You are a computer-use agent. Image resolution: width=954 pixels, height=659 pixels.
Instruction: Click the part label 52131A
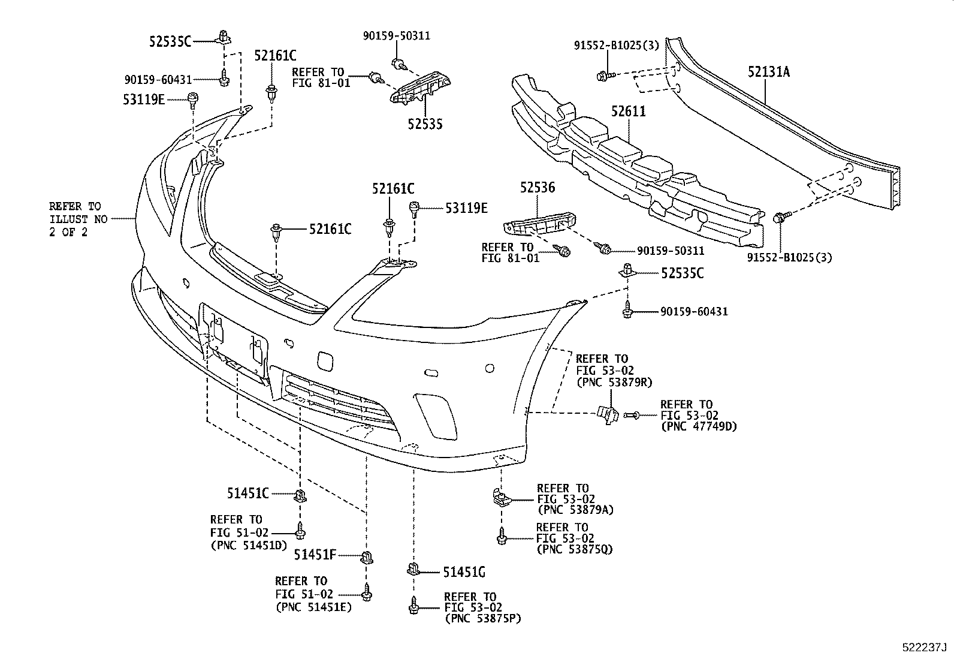coord(768,73)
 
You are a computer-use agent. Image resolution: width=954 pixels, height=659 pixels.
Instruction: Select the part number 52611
coord(629,112)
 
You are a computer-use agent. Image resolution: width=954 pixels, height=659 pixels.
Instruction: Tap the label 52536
coord(537,188)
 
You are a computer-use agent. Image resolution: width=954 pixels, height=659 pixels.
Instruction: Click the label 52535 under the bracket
coord(425,124)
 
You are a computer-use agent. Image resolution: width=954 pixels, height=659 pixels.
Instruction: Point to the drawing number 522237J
coord(923,648)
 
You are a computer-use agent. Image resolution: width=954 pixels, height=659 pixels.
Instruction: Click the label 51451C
coord(247,493)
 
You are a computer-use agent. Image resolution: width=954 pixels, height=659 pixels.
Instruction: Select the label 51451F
coord(315,555)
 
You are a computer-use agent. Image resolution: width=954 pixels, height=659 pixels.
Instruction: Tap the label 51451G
coord(464,572)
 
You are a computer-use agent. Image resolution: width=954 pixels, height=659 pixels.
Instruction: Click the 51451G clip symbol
coord(413,568)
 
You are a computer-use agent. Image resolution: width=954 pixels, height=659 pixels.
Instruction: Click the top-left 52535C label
coord(170,41)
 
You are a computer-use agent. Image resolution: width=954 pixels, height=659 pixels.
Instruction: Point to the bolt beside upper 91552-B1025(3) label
coord(602,76)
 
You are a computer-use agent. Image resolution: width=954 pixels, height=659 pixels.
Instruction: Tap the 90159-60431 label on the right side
coord(694,312)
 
